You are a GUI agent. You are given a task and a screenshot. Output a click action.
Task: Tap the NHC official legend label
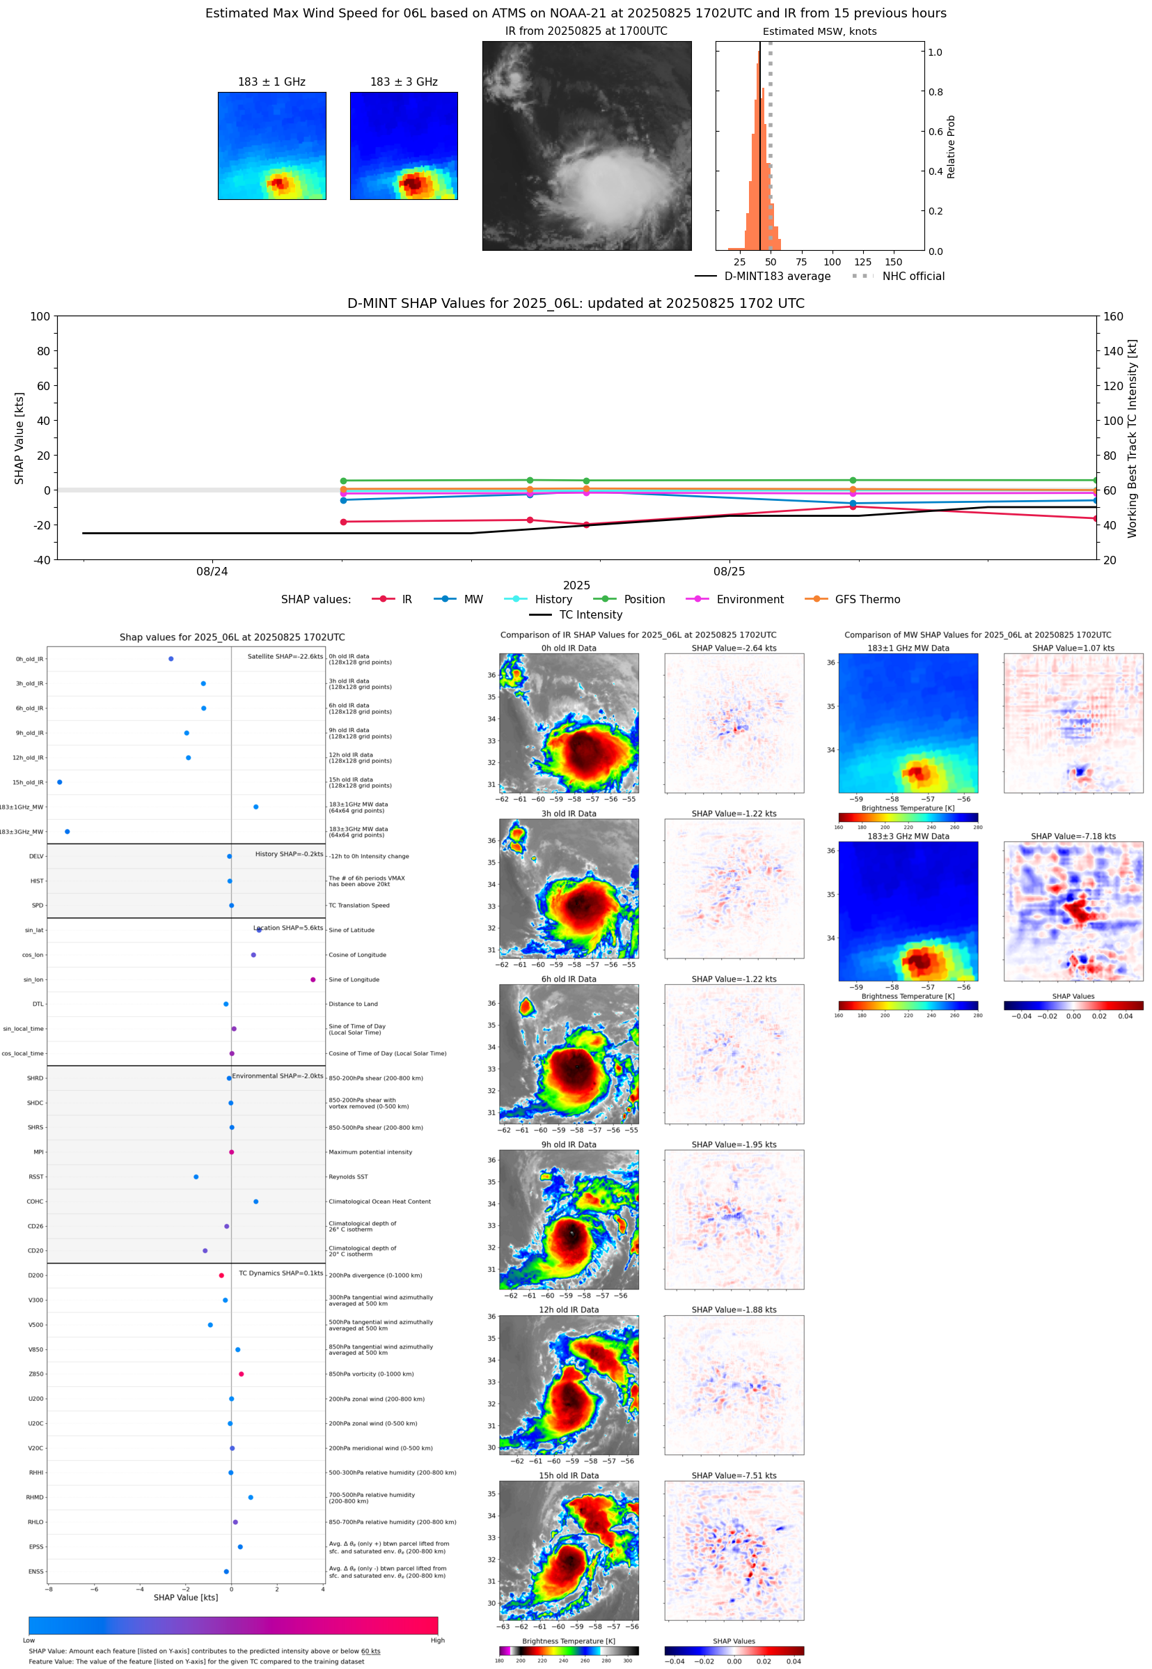click(913, 276)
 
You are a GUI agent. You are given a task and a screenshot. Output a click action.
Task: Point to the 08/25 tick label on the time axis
click(729, 571)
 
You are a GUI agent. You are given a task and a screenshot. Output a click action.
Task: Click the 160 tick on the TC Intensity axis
click(1113, 316)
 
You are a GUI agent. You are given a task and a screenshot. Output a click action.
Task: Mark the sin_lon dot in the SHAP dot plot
click(313, 979)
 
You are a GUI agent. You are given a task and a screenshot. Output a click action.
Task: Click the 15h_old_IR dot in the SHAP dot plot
click(59, 782)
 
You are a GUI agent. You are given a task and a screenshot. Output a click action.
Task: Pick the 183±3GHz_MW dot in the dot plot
click(67, 831)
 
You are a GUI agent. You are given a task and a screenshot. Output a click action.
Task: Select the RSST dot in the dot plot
click(196, 1177)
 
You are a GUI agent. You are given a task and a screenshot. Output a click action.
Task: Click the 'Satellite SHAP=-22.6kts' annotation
click(285, 656)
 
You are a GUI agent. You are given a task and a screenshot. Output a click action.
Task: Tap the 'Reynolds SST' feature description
click(348, 1177)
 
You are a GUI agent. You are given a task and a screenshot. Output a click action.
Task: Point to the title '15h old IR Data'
click(569, 1475)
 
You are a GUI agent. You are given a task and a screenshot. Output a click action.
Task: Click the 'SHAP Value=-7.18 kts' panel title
click(1073, 837)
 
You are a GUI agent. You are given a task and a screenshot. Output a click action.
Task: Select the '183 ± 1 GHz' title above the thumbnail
click(271, 82)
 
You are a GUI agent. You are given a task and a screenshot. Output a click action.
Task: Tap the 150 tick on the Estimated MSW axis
click(893, 262)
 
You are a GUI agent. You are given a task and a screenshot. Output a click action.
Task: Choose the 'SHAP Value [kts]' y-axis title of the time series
click(19, 437)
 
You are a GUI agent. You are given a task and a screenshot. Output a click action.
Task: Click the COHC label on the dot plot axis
click(35, 1202)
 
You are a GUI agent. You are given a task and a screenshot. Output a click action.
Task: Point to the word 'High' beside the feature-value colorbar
click(437, 1640)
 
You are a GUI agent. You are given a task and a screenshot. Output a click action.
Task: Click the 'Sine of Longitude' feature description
click(354, 979)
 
